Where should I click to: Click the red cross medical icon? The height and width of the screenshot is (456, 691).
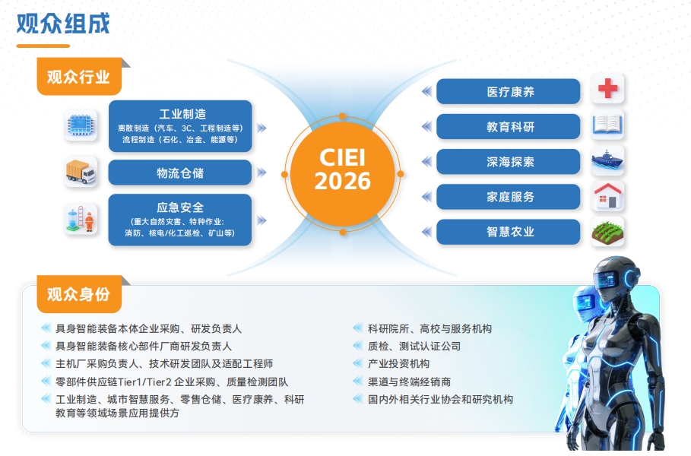pos(607,89)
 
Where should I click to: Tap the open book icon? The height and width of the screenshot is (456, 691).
pos(607,124)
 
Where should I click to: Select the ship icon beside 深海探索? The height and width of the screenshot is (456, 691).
pos(607,160)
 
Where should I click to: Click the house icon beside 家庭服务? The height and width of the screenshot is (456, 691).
pos(607,195)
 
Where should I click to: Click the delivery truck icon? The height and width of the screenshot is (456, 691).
pos(81,172)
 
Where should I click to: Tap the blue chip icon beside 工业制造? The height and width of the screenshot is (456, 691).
pos(81,125)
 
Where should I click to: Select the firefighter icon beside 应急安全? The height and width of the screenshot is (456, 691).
pos(81,219)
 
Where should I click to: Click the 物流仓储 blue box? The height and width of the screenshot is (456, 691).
pos(180,173)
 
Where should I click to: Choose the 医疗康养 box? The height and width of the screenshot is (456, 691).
pos(508,92)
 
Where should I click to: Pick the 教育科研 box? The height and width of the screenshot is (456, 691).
pos(508,127)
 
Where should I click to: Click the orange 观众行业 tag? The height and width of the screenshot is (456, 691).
pos(79,77)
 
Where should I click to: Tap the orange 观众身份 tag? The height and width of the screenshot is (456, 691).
pos(79,294)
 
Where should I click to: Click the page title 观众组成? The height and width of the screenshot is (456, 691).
pos(63,24)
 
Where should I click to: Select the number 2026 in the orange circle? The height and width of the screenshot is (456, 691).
pos(342,181)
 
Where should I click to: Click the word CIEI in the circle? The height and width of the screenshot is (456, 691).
pos(342,157)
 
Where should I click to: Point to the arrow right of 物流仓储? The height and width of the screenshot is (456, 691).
pos(262,173)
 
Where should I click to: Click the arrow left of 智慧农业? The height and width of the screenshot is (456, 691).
pos(426,232)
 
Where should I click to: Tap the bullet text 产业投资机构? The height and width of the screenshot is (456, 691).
pos(398,364)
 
